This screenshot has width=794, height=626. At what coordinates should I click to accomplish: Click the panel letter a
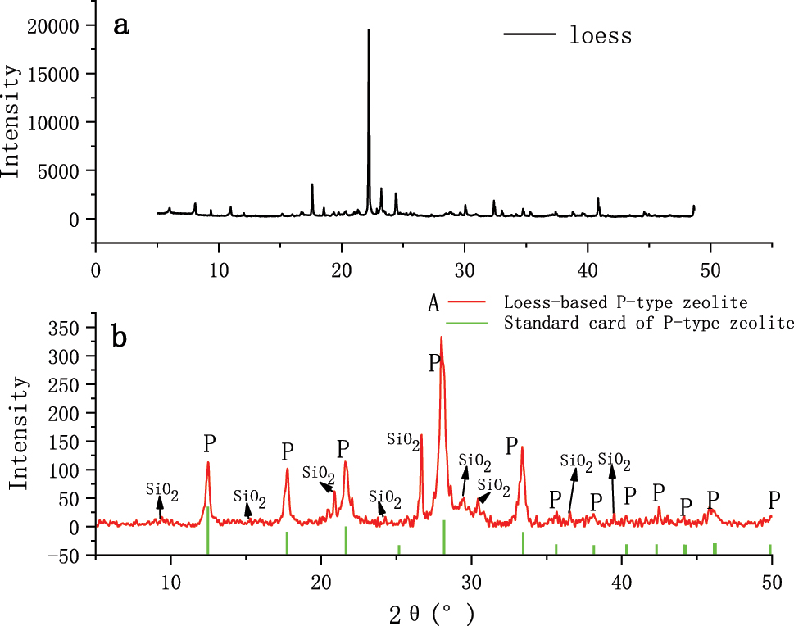122,25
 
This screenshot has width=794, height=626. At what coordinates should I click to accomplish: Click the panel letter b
121,338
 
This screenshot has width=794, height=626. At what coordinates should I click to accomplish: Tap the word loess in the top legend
601,35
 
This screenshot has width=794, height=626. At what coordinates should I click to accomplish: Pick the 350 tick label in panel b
70,328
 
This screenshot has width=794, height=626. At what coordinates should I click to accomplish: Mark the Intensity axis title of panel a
11,123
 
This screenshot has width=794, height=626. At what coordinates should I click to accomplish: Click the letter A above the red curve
433,305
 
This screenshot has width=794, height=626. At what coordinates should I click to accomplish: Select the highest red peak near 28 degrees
441,338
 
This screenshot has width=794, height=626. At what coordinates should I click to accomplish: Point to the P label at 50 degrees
774,499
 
